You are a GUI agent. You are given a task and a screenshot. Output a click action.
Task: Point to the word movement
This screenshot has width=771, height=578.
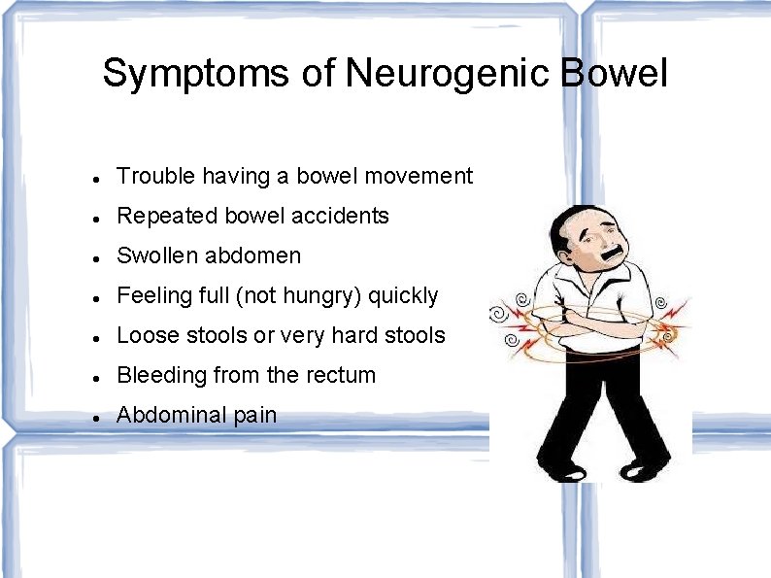click(425, 176)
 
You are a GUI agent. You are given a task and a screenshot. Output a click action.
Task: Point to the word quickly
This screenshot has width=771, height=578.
click(403, 295)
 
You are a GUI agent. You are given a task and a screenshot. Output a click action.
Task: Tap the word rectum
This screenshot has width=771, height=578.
click(341, 375)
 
